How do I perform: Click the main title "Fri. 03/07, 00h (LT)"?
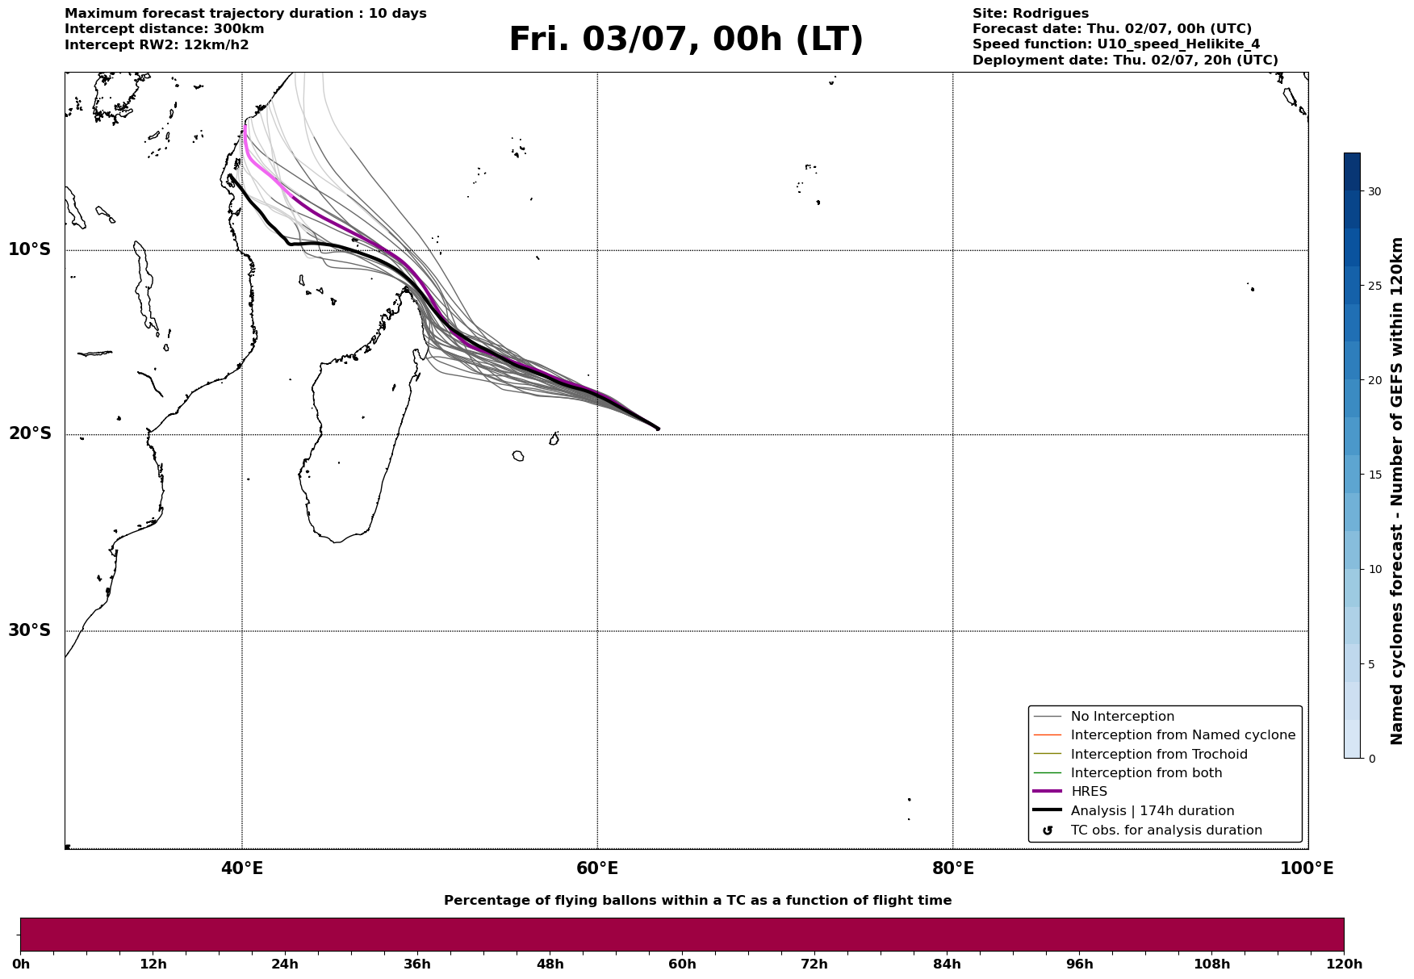686,40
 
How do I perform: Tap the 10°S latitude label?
30,249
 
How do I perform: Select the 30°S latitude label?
30,630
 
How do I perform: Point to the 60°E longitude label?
597,868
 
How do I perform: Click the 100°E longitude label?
1307,868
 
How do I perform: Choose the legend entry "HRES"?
1089,792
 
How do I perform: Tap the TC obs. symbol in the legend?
1048,830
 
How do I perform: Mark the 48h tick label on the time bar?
550,964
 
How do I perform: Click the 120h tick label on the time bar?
1344,964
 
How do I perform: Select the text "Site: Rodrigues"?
1031,14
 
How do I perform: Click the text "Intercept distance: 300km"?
165,29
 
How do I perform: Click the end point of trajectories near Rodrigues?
658,429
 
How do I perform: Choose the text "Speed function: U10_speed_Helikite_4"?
1116,44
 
